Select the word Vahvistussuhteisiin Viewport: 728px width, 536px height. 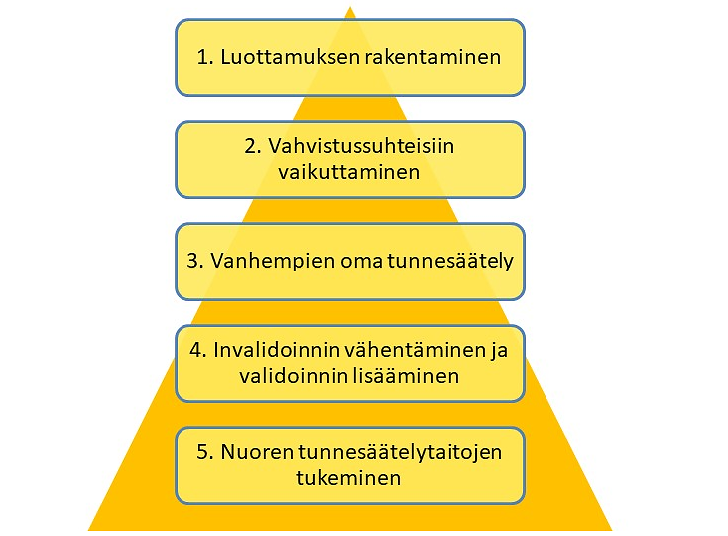[361, 146]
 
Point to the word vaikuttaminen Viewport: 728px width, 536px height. [349, 172]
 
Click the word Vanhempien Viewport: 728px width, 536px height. [273, 261]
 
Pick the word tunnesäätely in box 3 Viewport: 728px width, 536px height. [451, 261]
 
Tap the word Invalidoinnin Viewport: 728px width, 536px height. [278, 350]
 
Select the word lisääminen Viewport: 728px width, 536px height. [405, 376]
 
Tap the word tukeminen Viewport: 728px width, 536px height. [349, 478]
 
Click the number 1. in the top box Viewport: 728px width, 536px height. [205, 57]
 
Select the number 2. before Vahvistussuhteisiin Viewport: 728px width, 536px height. [253, 146]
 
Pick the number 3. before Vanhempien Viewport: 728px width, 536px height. [195, 261]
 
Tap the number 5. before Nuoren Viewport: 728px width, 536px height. [205, 452]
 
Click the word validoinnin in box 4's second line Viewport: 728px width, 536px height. [293, 376]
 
